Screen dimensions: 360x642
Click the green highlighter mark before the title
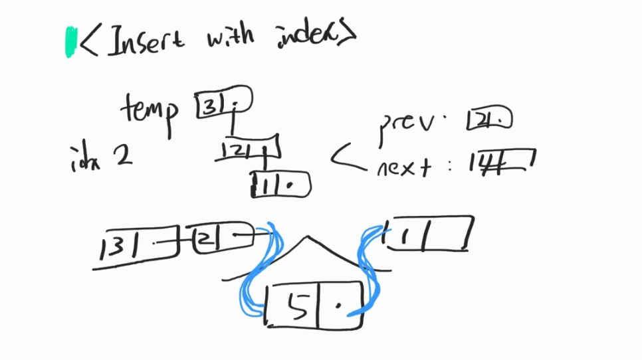pyautogui.click(x=70, y=42)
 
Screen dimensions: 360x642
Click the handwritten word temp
pyautogui.click(x=150, y=108)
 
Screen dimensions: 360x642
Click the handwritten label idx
pyautogui.click(x=85, y=157)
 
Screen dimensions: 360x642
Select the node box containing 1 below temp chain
pyautogui.click(x=280, y=185)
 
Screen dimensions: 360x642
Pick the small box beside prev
pyautogui.click(x=490, y=120)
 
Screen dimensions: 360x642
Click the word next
pyautogui.click(x=401, y=166)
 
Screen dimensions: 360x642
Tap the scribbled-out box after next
pyautogui.click(x=501, y=161)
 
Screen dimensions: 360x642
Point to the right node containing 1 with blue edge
pyautogui.click(x=429, y=233)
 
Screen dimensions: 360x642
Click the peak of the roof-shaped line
pyautogui.click(x=306, y=237)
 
